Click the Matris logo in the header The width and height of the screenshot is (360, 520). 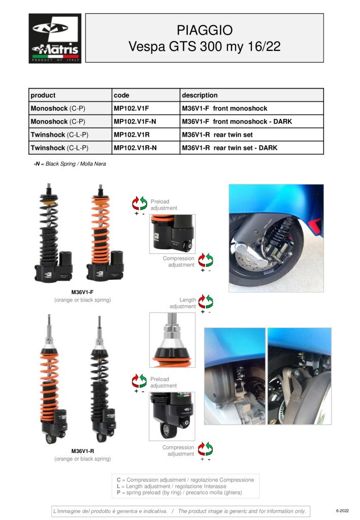point(55,39)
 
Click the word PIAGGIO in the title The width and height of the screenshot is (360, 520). point(205,30)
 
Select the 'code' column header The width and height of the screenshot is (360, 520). point(121,95)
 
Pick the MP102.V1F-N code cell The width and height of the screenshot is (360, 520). point(135,121)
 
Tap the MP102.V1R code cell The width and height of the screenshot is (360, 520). point(132,135)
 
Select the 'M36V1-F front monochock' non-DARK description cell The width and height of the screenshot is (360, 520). point(224,109)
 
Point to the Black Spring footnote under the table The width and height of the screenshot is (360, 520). point(70,164)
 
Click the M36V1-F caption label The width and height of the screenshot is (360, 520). point(82,292)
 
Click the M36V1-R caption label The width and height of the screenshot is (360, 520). point(83,451)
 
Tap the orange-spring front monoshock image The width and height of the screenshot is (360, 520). point(105,233)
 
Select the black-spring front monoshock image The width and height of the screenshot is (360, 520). point(54,233)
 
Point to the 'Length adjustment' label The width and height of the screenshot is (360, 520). point(183,303)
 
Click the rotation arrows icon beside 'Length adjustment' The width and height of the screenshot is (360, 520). point(206,302)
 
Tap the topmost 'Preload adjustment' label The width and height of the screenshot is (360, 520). point(164,205)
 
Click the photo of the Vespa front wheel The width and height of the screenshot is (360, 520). point(276,238)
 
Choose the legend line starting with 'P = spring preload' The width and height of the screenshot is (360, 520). point(179,493)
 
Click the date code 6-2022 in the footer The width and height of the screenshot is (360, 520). point(342,511)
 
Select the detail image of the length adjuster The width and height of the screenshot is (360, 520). point(172,340)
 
